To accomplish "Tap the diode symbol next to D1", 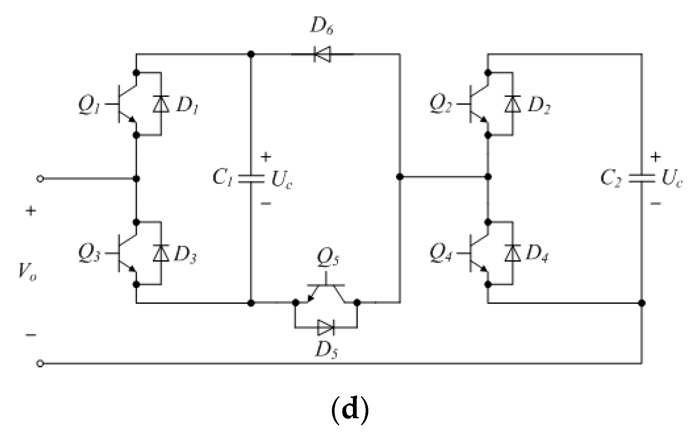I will pos(161,104).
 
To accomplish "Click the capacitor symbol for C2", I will pos(641,179).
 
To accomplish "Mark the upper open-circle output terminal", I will pos(40,179).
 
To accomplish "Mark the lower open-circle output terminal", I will pos(40,363).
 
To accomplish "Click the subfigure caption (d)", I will pos(350,410).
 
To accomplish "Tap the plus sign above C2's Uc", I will pos(655,157).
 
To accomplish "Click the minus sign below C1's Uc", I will pos(266,204).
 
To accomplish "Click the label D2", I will pos(539,106).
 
